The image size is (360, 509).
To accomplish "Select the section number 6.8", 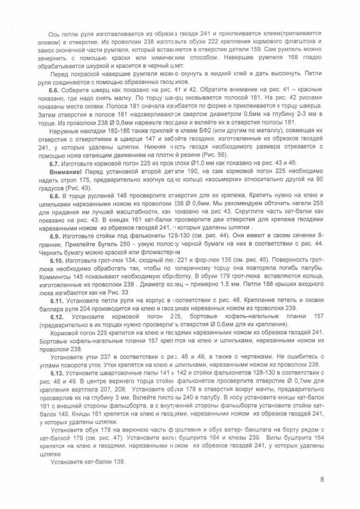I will click(x=55, y=196).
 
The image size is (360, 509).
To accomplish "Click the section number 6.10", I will click(x=56, y=262).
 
